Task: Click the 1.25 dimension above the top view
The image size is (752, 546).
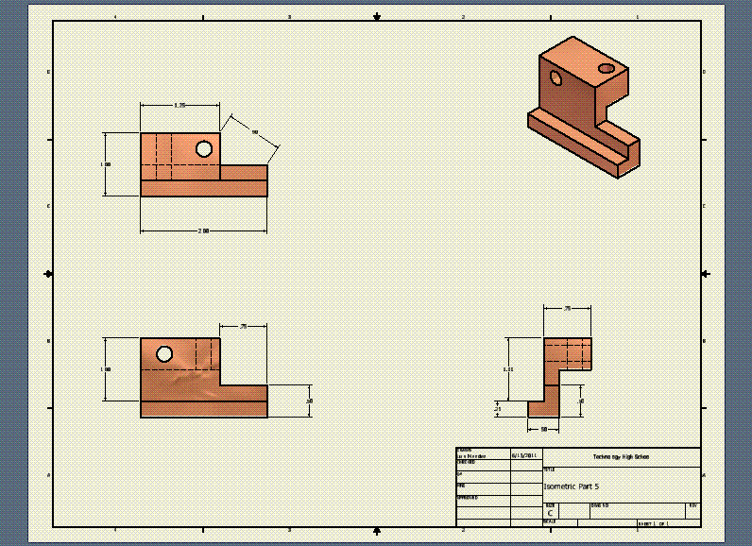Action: click(x=179, y=104)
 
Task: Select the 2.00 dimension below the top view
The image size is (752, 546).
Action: click(x=203, y=230)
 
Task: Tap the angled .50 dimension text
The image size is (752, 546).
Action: click(x=255, y=130)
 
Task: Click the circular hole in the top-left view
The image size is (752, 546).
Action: click(x=203, y=148)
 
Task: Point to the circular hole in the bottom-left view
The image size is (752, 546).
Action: click(x=164, y=354)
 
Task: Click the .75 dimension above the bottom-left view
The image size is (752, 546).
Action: click(x=243, y=326)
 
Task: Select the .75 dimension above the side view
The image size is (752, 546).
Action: click(x=567, y=308)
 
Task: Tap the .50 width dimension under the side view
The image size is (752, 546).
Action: click(x=544, y=429)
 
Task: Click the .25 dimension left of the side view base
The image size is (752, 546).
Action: click(x=498, y=409)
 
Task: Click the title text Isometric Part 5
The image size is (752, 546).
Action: click(x=571, y=486)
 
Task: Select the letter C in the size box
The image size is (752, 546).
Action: click(x=550, y=513)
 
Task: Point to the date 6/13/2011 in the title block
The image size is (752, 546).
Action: click(x=523, y=455)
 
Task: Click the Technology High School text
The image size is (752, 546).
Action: click(x=621, y=456)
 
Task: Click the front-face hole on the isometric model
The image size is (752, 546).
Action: click(x=556, y=78)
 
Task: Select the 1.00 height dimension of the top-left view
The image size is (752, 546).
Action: click(x=106, y=164)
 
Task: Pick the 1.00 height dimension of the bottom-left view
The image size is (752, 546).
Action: click(x=106, y=369)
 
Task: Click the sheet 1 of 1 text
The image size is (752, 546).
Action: click(x=653, y=522)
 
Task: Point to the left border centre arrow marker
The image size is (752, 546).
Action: click(x=49, y=273)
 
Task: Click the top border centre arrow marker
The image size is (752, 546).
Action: click(x=377, y=17)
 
